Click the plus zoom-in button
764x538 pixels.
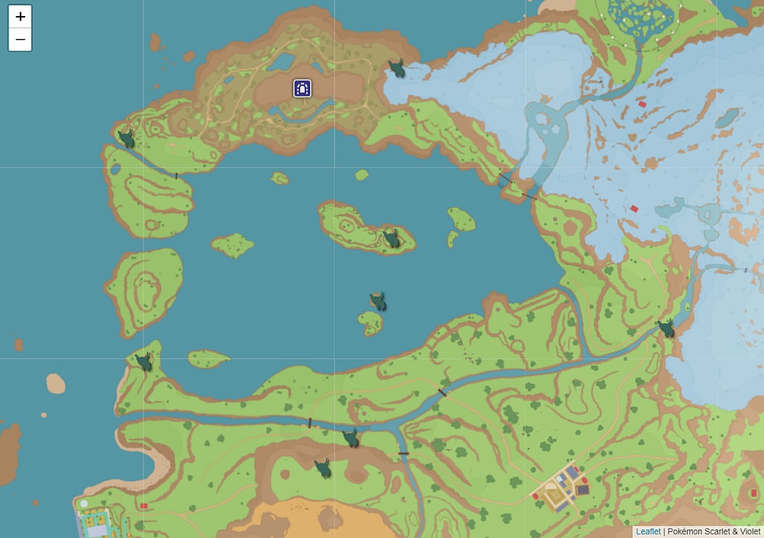click(x=20, y=17)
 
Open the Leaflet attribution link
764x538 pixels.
click(x=648, y=531)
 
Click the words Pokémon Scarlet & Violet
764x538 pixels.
click(x=714, y=531)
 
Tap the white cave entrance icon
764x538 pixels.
click(x=303, y=89)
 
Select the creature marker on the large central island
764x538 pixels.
click(x=391, y=239)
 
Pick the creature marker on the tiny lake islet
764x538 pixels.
click(x=377, y=302)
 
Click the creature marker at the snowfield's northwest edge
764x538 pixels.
click(x=397, y=69)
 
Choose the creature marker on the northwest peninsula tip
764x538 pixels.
click(x=126, y=138)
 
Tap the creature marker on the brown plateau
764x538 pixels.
click(x=323, y=468)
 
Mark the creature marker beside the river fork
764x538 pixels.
click(x=351, y=438)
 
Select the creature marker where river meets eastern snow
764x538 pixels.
click(x=666, y=329)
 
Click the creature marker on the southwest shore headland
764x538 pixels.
click(x=144, y=362)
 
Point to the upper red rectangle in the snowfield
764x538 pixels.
click(x=642, y=104)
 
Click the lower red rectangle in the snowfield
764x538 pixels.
click(x=633, y=209)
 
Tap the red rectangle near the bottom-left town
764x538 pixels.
click(x=144, y=506)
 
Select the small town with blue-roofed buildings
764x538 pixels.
click(x=564, y=488)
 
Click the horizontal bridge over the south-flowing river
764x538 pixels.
click(x=403, y=454)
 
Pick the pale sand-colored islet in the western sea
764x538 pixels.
click(x=56, y=383)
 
